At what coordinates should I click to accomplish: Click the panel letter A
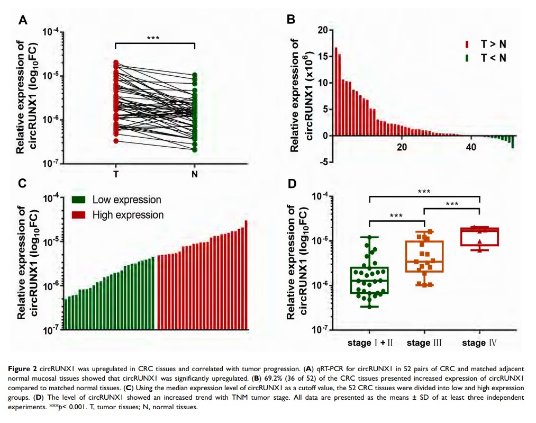[23, 21]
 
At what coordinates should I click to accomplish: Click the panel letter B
[290, 19]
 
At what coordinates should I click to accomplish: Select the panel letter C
[23, 183]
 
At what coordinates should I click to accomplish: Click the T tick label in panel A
[115, 175]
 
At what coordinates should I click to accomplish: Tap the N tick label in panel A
[195, 175]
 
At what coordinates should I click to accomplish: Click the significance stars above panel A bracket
[154, 38]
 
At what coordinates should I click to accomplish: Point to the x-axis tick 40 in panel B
[470, 147]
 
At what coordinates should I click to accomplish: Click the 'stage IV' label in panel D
[479, 343]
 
